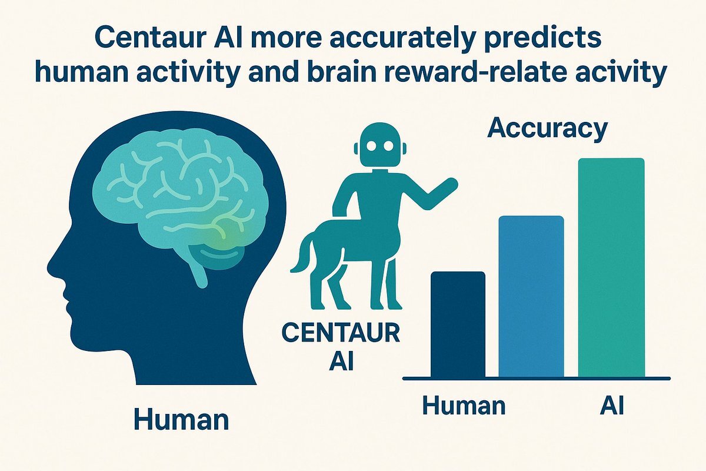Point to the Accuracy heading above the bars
pyautogui.click(x=547, y=128)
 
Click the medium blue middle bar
pyautogui.click(x=531, y=296)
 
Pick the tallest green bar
pyautogui.click(x=611, y=267)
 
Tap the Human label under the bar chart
pyautogui.click(x=464, y=406)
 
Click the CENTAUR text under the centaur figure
pyautogui.click(x=341, y=333)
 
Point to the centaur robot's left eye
pyautogui.click(x=371, y=146)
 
